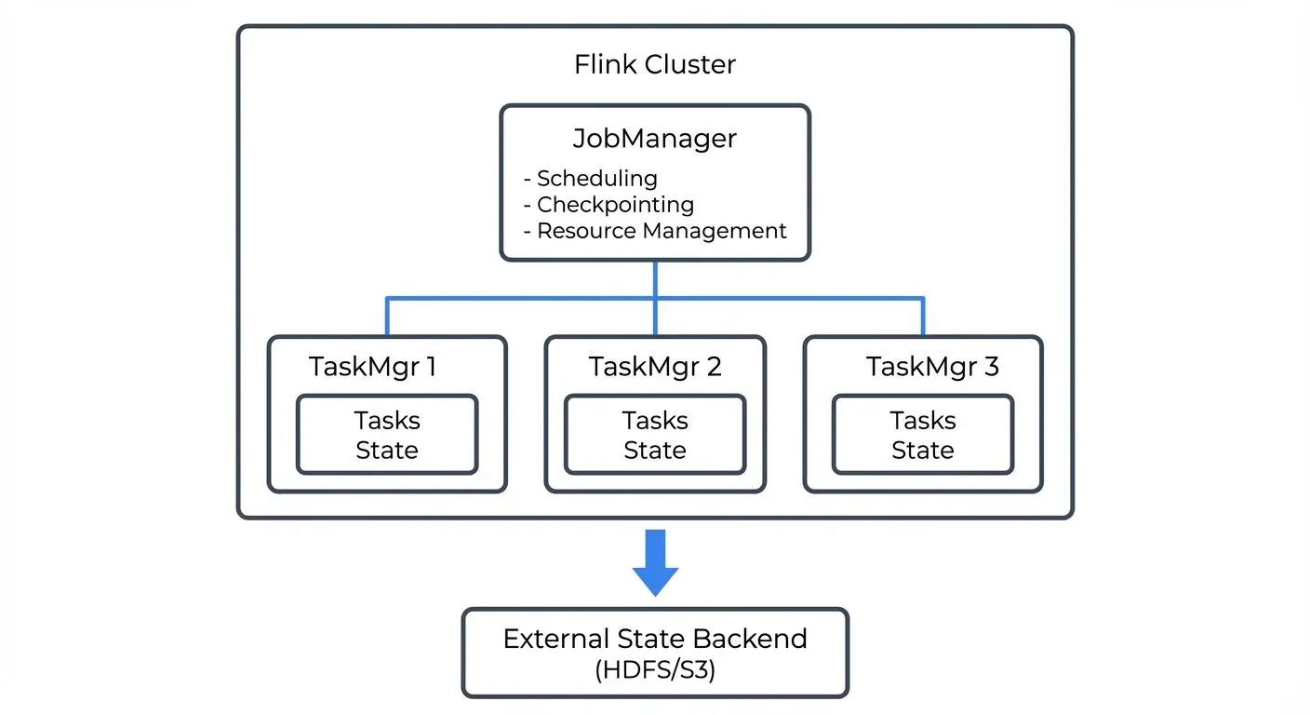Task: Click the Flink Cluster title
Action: click(654, 65)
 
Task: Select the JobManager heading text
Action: click(654, 139)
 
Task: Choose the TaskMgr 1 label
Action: click(372, 367)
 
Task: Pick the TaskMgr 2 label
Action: click(654, 367)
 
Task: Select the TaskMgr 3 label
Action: click(932, 367)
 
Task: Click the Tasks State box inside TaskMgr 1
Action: click(387, 435)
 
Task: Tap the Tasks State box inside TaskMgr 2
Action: click(655, 435)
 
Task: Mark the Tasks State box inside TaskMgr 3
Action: click(923, 435)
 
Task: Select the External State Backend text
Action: click(655, 640)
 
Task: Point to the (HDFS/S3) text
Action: click(655, 670)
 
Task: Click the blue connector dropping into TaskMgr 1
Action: click(387, 317)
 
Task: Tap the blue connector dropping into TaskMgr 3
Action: click(923, 317)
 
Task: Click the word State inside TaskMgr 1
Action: click(387, 451)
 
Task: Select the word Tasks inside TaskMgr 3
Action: click(923, 421)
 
